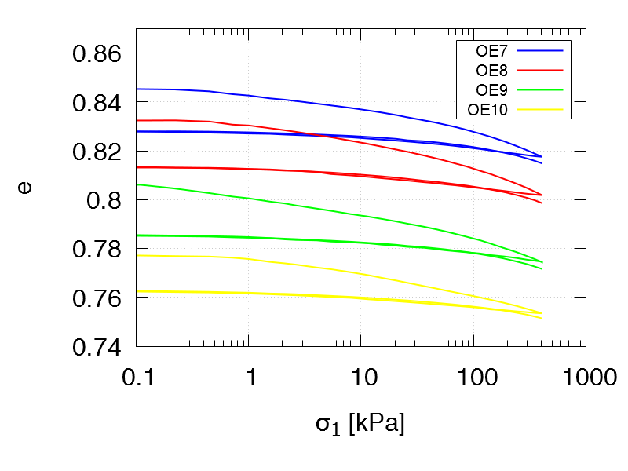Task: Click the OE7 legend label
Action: click(491, 51)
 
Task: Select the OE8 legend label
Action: click(491, 70)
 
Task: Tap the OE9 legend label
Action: click(491, 89)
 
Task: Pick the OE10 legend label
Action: click(487, 108)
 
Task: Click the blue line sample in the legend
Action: click(541, 51)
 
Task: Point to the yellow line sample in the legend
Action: click(541, 108)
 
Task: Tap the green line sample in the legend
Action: click(541, 89)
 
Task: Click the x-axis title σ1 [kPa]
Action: click(360, 425)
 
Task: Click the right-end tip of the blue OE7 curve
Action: click(542, 157)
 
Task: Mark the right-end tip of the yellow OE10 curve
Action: click(542, 313)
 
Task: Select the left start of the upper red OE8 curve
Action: click(137, 120)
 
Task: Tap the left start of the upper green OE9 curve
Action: click(137, 184)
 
